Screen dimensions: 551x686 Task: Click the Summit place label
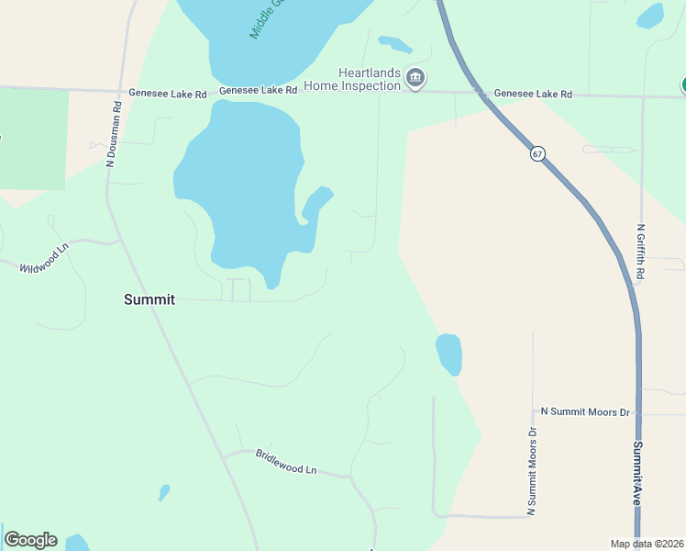[x=149, y=299]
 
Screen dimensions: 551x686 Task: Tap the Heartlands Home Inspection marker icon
[x=415, y=79]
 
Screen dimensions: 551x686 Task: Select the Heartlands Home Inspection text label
[x=370, y=79]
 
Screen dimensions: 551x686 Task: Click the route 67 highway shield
[x=537, y=153]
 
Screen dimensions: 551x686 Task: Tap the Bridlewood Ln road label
[x=285, y=462]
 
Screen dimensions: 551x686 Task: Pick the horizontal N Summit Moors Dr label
[x=585, y=412]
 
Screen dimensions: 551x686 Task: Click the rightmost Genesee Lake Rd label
[x=533, y=94]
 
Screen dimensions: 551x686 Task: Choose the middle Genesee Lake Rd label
[x=259, y=91]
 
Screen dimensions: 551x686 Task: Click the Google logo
[x=30, y=540]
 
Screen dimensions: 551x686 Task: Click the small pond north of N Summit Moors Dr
[x=448, y=354]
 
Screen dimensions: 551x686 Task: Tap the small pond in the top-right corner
[x=650, y=16]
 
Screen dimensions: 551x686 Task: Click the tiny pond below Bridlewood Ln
[x=163, y=493]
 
